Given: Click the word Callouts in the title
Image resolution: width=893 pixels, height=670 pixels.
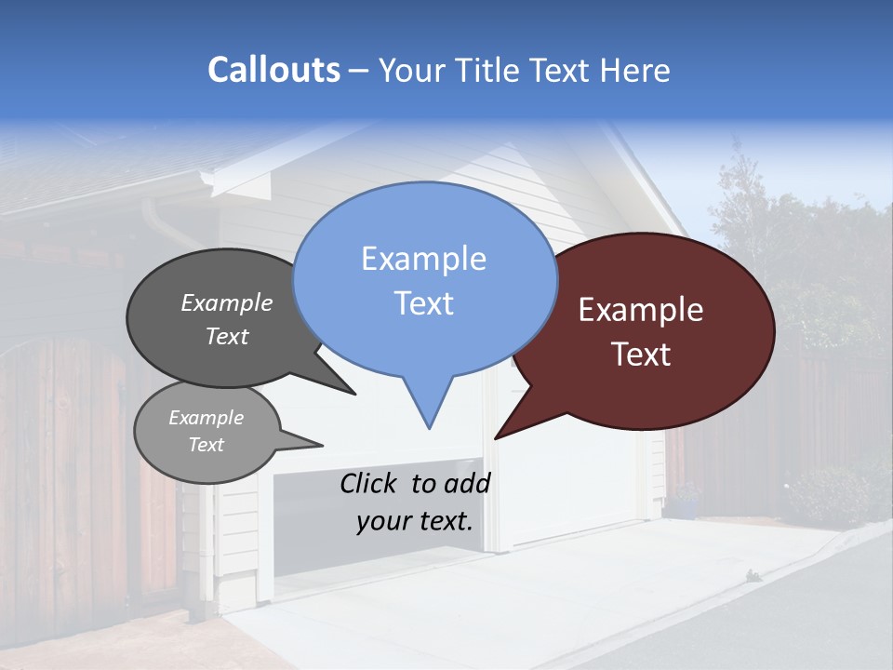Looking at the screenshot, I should click(x=273, y=70).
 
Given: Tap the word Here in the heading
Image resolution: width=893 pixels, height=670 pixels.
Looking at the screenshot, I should click(x=635, y=70).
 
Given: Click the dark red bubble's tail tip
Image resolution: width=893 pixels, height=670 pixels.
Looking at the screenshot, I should click(x=496, y=437).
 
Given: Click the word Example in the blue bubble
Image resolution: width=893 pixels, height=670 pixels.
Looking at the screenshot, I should click(x=423, y=259).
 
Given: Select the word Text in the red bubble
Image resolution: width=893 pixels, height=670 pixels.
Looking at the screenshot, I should click(x=641, y=355).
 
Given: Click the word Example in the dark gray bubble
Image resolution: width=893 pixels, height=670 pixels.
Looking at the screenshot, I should click(x=226, y=302).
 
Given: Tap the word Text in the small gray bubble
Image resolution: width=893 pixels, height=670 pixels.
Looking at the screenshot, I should click(x=206, y=445).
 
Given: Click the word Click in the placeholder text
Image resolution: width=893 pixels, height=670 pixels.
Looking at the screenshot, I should click(x=371, y=483).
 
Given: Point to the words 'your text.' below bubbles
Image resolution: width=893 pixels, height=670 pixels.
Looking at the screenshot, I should click(x=414, y=521).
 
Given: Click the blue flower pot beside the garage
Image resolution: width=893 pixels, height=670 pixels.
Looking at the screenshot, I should click(x=686, y=507).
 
